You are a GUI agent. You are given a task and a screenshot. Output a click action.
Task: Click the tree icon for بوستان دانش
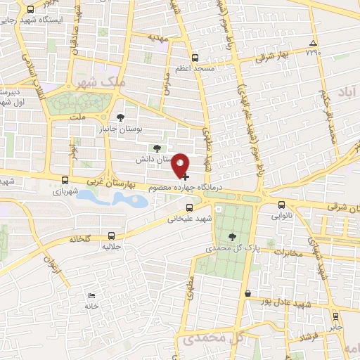(157, 148)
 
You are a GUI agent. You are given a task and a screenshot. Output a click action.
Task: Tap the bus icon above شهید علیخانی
(189, 207)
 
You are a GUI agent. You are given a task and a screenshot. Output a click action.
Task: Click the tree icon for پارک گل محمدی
(233, 236)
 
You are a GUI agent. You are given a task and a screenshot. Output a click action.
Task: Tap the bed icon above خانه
(91, 295)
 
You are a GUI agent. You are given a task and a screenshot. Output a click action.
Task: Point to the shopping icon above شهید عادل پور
(247, 293)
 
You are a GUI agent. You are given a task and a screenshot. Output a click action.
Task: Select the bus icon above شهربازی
(65, 180)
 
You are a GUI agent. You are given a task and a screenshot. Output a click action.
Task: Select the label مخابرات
(288, 253)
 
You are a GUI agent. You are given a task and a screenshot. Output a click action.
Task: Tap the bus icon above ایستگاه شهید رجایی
(31, 10)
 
